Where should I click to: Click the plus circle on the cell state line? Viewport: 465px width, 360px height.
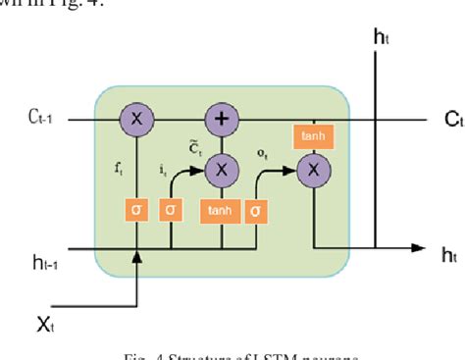(221, 120)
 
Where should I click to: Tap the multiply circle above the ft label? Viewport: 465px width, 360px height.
(136, 120)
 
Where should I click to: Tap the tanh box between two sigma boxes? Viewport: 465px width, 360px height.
(220, 211)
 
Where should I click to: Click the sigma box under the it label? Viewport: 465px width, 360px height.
(173, 211)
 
